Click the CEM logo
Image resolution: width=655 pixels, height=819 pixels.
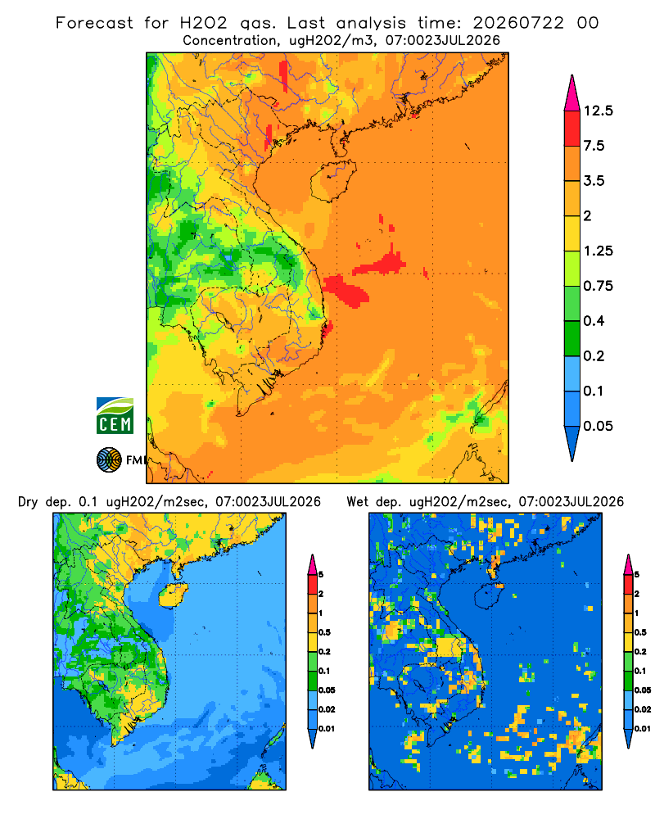coord(115,416)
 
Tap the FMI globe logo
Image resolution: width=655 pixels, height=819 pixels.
coord(109,460)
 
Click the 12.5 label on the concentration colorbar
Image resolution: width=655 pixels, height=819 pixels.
coord(599,111)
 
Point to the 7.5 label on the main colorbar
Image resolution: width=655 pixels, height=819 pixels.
coord(594,146)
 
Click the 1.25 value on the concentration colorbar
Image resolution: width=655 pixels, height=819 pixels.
coord(599,251)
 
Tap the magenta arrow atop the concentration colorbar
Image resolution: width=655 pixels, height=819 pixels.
coord(572,93)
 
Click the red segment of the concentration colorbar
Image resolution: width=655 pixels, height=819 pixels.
coord(572,129)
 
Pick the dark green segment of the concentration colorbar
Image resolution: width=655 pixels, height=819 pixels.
coord(572,338)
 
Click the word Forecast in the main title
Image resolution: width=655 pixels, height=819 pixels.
coord(94,23)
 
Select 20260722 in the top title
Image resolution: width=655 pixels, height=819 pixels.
coord(518,23)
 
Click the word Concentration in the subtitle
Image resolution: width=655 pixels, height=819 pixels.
coord(230,40)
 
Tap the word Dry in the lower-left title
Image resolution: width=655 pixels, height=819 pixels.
coord(28,503)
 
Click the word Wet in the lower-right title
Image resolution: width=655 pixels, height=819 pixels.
coord(358,502)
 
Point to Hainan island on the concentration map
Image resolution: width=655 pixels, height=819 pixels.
coord(332,180)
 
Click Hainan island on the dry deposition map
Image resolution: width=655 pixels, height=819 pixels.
coord(173,595)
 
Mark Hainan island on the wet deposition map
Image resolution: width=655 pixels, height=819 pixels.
coord(489,595)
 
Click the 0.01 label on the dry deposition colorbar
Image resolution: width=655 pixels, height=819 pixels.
coord(327,729)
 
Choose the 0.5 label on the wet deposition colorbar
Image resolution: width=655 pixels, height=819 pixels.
coord(639,632)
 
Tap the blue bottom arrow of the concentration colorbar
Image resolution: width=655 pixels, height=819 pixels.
coord(572,442)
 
